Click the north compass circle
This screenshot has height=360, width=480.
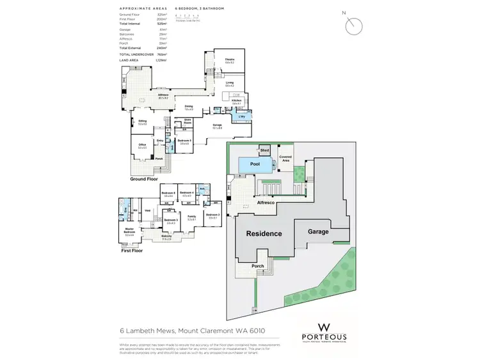point(353,26)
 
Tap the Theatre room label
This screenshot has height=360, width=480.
point(229,61)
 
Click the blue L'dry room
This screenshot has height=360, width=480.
point(242,116)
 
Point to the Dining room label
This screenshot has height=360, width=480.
point(189,107)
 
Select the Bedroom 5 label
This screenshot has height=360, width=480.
point(185,141)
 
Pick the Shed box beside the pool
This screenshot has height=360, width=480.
point(264,150)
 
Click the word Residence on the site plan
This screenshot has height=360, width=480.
point(264,233)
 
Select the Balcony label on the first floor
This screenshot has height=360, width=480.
point(167,237)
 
